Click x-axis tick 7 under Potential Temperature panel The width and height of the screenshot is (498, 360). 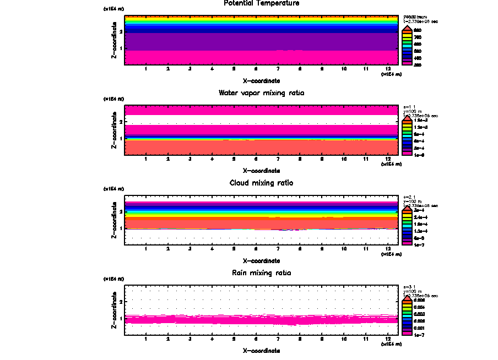tap(278, 69)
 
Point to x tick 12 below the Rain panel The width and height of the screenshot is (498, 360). tap(388, 339)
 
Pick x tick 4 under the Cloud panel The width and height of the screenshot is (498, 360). tap(212, 249)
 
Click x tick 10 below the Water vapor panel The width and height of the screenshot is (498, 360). tap(344, 159)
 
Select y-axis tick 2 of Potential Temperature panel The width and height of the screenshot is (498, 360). tap(121, 31)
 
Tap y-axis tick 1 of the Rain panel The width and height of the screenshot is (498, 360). tap(121, 319)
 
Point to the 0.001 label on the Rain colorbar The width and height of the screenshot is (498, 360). tap(420, 327)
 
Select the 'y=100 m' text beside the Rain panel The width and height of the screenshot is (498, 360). tap(413, 291)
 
